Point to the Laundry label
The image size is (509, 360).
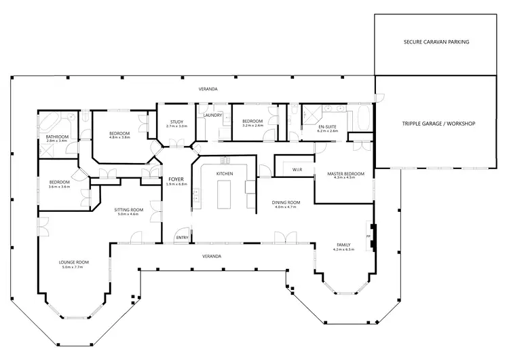(212, 115)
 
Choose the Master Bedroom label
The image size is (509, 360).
(346, 174)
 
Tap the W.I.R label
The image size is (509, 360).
(297, 169)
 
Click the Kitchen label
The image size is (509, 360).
(225, 175)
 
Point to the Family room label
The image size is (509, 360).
(344, 245)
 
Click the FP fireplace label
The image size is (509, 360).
(369, 237)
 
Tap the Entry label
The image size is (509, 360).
(182, 237)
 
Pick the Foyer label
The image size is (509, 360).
(175, 179)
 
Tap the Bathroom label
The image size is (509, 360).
(57, 137)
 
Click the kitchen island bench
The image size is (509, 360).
(225, 196)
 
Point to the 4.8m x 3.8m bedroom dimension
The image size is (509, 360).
(119, 137)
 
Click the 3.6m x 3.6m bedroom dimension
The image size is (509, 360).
(60, 187)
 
